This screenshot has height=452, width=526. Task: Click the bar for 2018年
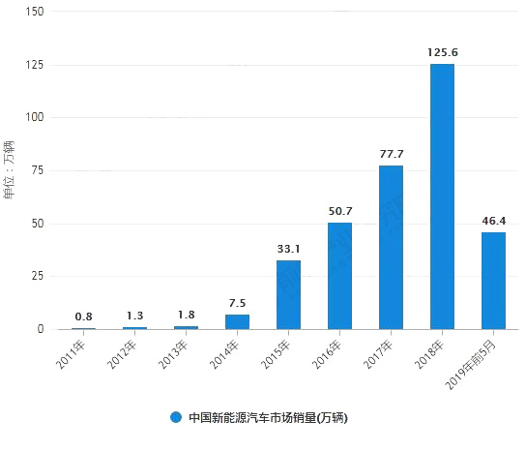[x=442, y=196]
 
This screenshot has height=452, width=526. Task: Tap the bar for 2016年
[x=339, y=276]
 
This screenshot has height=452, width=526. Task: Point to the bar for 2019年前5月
[x=493, y=281]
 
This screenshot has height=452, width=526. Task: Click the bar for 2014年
[x=237, y=321]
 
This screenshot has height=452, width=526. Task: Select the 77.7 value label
[x=391, y=153]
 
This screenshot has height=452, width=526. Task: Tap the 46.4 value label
[x=493, y=220]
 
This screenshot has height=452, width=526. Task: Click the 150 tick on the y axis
[x=33, y=12]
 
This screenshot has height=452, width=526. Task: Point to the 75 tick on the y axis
[x=37, y=170]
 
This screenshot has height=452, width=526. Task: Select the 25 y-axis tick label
[x=37, y=276]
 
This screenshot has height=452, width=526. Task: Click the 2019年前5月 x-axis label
[x=475, y=362]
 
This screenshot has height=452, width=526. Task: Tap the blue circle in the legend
[x=176, y=418]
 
